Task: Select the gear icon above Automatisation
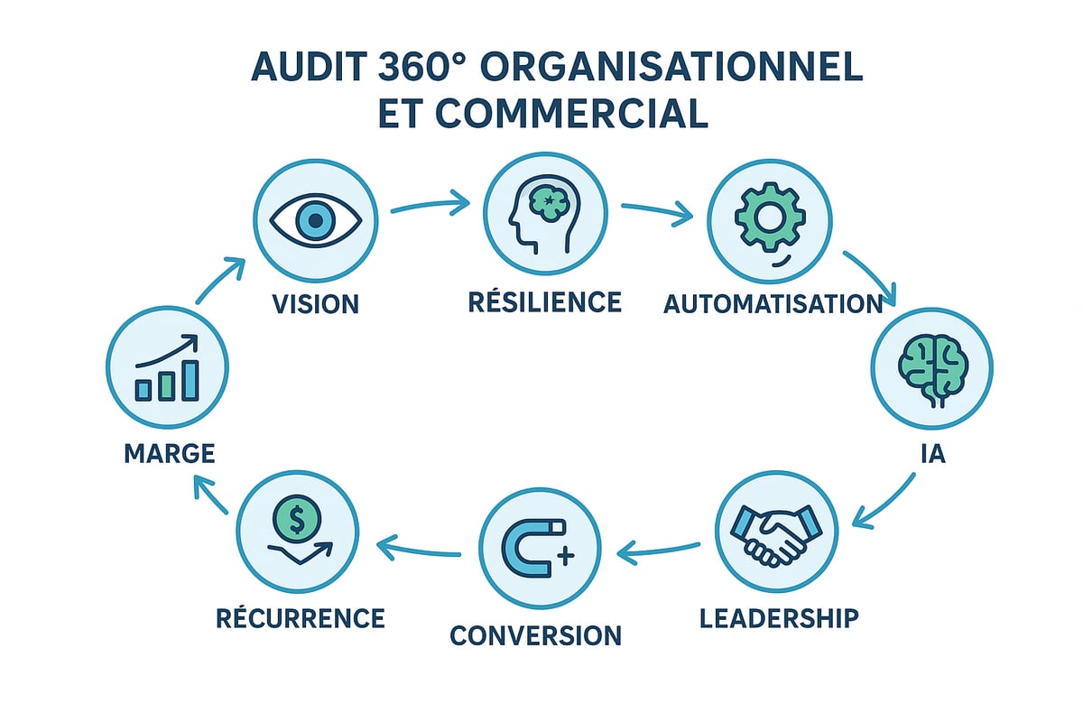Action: [x=768, y=222]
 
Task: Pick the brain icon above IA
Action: [x=930, y=370]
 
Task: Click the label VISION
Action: [x=315, y=303]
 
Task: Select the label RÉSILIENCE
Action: [x=545, y=301]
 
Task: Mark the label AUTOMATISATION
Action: [x=773, y=304]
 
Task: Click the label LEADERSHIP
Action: [x=779, y=619]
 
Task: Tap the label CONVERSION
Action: [x=536, y=635]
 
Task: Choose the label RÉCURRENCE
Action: [x=301, y=618]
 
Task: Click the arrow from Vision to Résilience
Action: [x=430, y=205]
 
